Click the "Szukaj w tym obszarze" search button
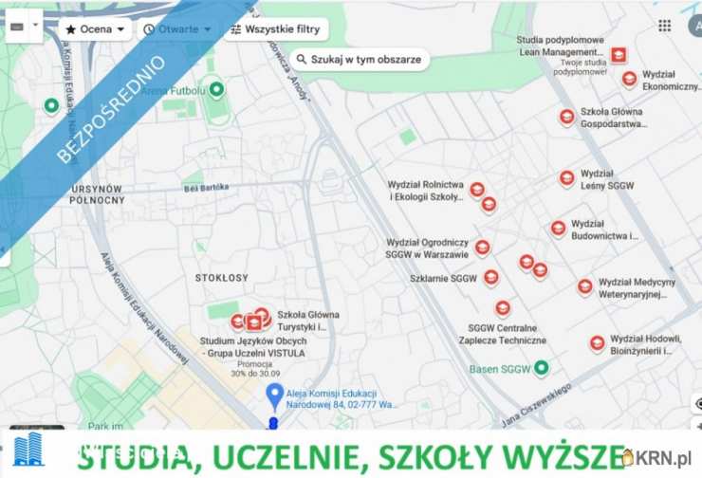(x=360, y=59)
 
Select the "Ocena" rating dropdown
(x=95, y=28)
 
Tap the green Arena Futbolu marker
(x=216, y=90)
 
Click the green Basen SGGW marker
(x=541, y=368)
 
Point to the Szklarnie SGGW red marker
(x=490, y=278)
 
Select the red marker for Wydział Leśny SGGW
(x=566, y=178)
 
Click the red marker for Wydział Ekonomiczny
(x=629, y=79)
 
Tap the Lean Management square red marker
(x=619, y=55)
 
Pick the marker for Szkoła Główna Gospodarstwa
(x=566, y=117)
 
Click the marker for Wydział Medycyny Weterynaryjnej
(x=585, y=286)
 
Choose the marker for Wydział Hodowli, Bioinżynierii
(x=597, y=343)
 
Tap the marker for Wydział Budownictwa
(x=558, y=229)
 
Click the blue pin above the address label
(x=274, y=395)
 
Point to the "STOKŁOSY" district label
(x=221, y=278)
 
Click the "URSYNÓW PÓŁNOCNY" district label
(x=98, y=194)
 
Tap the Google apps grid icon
(x=664, y=26)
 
